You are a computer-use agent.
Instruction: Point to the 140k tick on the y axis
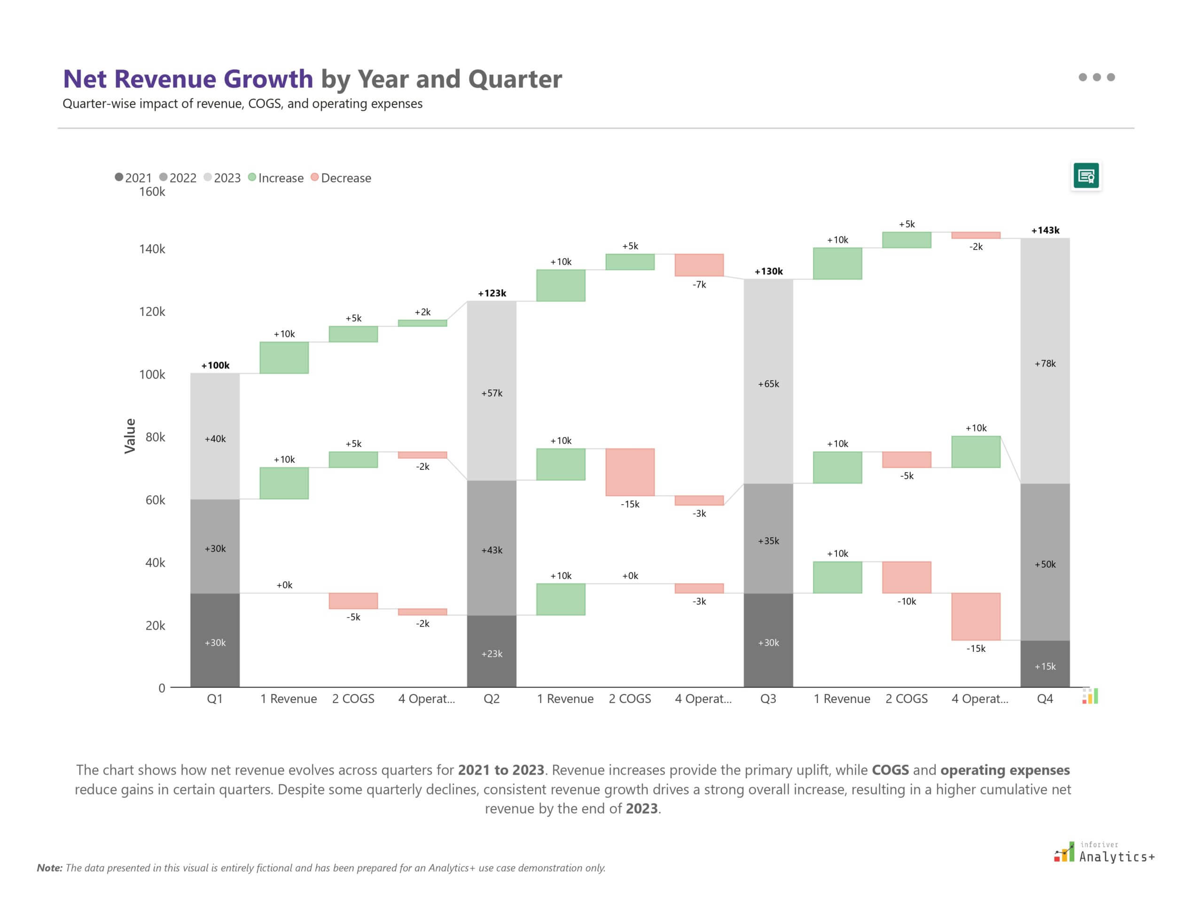[x=152, y=249]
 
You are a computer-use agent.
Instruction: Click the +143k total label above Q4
[x=1045, y=230]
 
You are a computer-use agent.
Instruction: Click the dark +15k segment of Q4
[x=1045, y=664]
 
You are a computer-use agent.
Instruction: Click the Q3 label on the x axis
[x=768, y=699]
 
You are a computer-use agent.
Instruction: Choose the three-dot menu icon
[x=1096, y=77]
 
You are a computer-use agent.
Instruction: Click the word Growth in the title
[x=268, y=79]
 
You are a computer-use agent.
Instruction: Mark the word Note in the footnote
[x=49, y=868]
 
